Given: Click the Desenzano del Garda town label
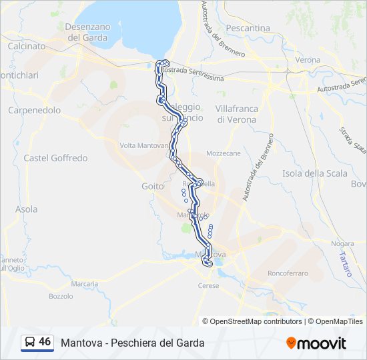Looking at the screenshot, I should tap(91, 32).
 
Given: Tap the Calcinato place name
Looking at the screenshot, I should tap(27, 47).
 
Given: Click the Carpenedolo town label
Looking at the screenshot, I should tap(34, 110).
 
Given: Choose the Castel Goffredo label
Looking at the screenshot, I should tap(55, 158).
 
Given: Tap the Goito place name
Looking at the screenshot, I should tap(153, 187).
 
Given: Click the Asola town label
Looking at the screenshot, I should tap(27, 209).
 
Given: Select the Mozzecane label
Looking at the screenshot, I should tap(224, 153).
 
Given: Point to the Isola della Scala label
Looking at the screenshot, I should tap(315, 173).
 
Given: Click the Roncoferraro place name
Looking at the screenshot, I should tap(287, 273).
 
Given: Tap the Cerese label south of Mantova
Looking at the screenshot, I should tap(208, 285).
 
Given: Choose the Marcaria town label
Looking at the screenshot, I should tap(85, 283).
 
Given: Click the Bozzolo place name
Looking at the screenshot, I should tap(61, 296).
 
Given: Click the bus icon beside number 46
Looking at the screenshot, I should tap(30, 343).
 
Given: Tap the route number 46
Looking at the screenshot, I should tap(45, 342).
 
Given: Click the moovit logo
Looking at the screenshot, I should tap(316, 343).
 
